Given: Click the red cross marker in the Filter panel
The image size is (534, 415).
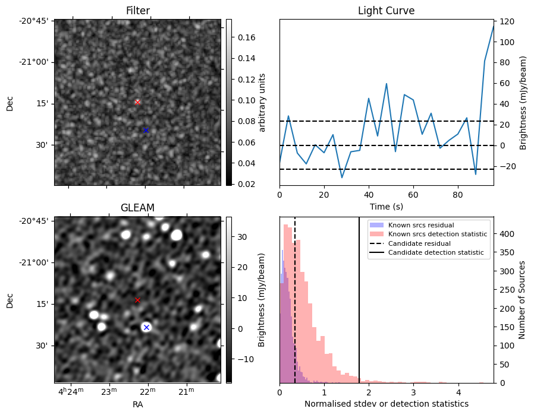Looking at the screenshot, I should [137, 102].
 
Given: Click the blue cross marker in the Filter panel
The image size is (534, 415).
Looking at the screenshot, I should [146, 130].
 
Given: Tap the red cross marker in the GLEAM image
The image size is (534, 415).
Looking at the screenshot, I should [137, 300].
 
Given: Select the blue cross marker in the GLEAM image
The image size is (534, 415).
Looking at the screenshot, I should [146, 327].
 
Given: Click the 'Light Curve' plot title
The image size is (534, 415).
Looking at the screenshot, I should [386, 11].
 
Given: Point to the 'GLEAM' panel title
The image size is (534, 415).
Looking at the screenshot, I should [137, 208].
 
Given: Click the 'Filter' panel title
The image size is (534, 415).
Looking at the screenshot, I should [137, 11].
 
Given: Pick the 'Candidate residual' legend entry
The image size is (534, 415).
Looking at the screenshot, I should [419, 243].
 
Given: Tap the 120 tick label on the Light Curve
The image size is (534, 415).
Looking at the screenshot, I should [507, 21].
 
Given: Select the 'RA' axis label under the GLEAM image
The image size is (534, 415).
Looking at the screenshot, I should [137, 404].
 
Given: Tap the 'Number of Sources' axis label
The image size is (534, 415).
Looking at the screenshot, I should [522, 300].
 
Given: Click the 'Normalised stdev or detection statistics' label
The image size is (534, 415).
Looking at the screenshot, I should [386, 404].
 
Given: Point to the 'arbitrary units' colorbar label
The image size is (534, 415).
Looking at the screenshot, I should [262, 102].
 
